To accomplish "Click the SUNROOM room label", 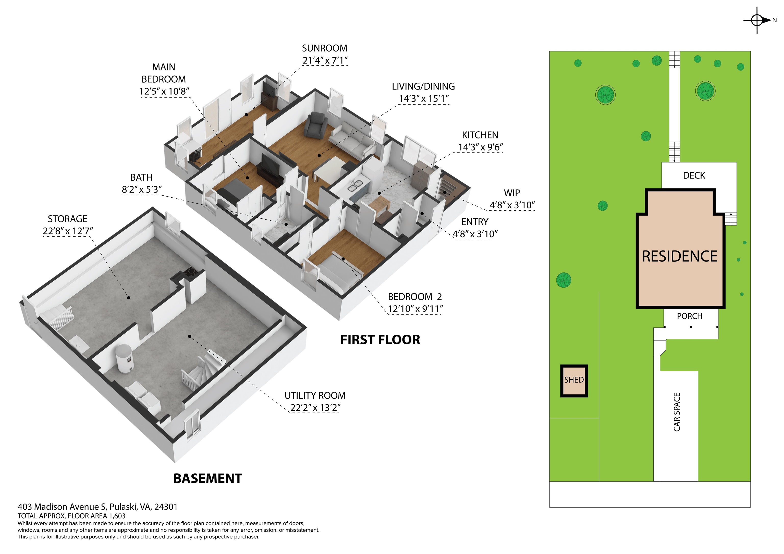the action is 324,48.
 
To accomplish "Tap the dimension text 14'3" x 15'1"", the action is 424,99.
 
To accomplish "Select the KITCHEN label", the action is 480,135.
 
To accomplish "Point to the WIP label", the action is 512,193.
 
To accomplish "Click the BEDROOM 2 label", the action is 415,297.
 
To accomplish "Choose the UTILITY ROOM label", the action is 315,396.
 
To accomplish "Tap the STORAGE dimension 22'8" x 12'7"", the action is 68,231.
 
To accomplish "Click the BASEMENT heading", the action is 207,479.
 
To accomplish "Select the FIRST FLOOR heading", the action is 380,340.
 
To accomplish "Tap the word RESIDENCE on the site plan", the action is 680,256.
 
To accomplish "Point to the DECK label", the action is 694,175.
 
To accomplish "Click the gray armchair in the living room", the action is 315,125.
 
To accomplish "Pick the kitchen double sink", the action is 355,186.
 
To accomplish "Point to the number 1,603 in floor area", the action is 117,516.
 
